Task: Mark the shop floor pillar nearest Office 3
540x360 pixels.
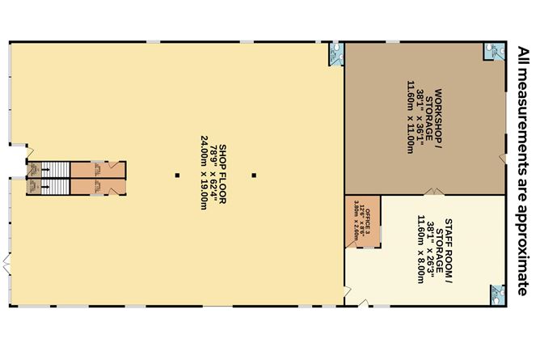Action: click(x=253, y=174)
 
